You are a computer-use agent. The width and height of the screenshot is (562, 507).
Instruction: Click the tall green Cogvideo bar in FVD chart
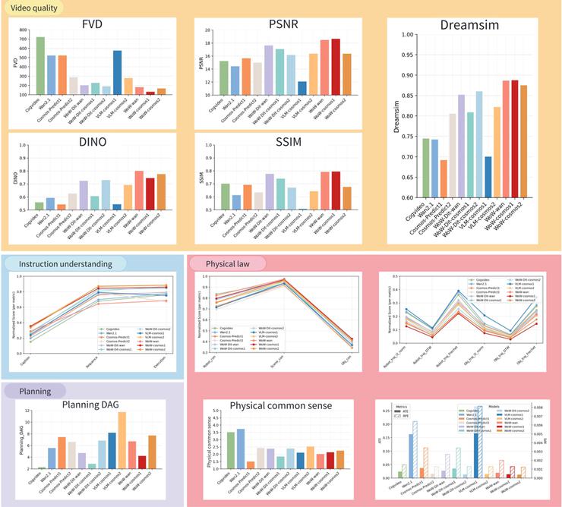[x=40, y=65]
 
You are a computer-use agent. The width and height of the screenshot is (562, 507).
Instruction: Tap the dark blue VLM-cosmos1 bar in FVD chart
[x=118, y=72]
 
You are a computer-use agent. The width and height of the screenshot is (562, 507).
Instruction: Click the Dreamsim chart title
[x=470, y=24]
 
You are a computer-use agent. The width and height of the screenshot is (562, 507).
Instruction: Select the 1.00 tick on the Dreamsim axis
[x=407, y=35]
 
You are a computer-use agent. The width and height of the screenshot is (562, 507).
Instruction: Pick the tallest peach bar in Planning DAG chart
[x=122, y=439]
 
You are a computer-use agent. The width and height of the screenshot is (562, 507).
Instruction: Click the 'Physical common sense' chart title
[x=279, y=405]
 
